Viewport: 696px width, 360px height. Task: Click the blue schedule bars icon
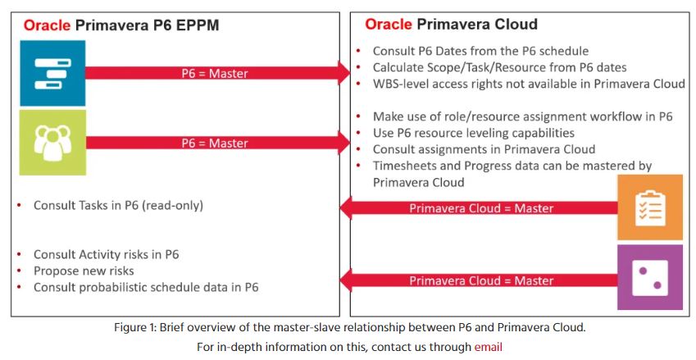(x=52, y=73)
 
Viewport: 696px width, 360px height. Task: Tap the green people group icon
(x=52, y=143)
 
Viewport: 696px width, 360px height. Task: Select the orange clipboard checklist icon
(x=650, y=207)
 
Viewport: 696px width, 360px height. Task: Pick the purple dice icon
(x=650, y=277)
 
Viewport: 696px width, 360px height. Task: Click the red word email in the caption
(x=489, y=347)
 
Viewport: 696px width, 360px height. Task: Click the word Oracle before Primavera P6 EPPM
(x=47, y=25)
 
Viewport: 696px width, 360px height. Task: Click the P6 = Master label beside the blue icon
(x=215, y=73)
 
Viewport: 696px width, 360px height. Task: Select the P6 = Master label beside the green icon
(x=215, y=143)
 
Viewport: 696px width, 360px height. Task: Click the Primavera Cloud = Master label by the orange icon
(x=481, y=208)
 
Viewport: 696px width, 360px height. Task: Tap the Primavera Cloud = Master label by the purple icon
(x=481, y=280)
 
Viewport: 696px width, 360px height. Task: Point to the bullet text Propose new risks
(x=84, y=271)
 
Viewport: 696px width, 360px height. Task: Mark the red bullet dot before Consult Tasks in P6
(x=19, y=205)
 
